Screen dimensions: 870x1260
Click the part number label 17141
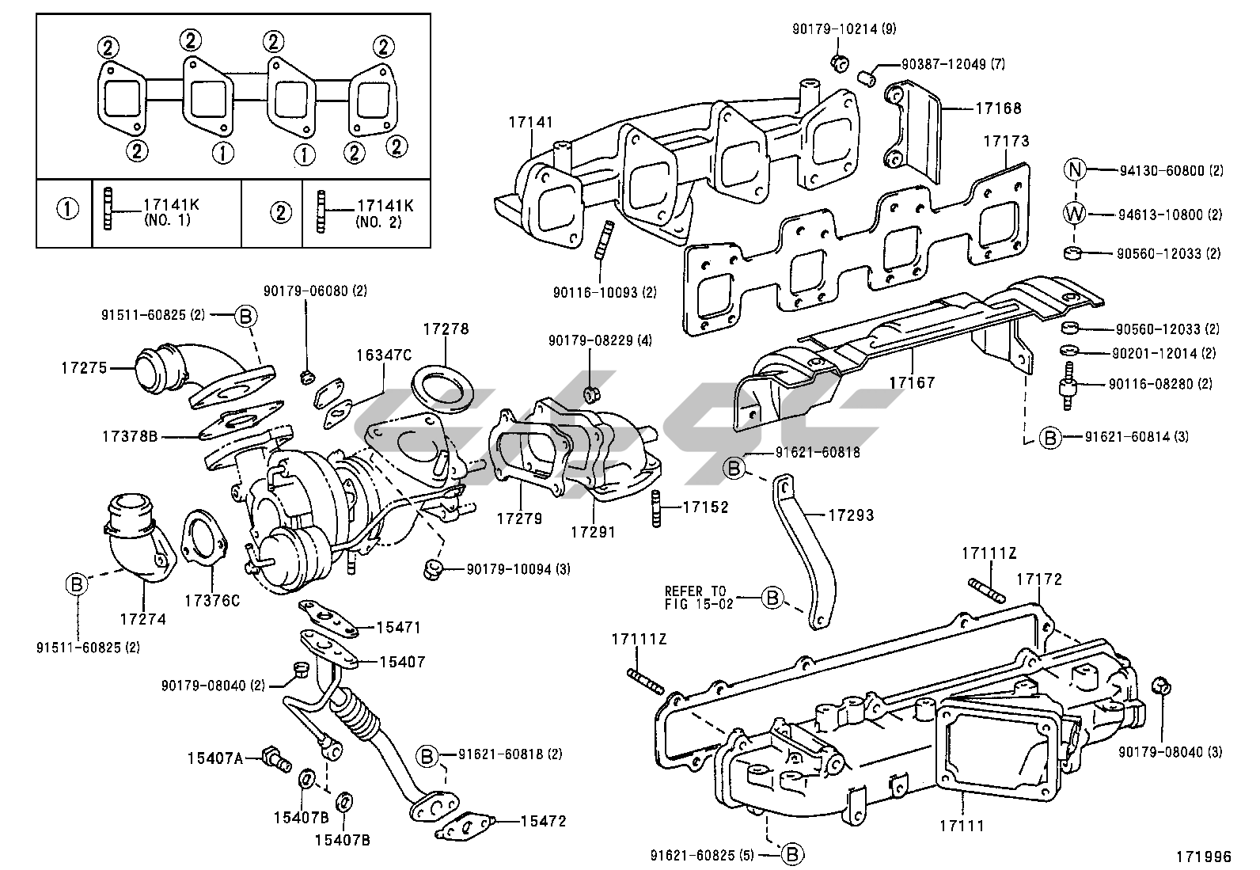click(531, 123)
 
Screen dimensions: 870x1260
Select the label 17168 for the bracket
click(998, 108)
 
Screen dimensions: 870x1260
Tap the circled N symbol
click(1075, 169)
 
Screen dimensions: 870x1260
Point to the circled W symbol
click(1075, 214)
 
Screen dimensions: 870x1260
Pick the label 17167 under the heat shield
click(912, 382)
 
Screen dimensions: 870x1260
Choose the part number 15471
click(398, 628)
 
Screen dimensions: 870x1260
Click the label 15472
click(543, 821)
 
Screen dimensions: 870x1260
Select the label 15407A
click(214, 758)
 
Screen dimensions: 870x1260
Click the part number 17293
click(851, 515)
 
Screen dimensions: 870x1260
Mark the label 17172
click(1039, 579)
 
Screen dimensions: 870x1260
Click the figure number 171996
click(1204, 856)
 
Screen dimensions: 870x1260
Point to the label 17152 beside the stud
click(705, 507)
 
